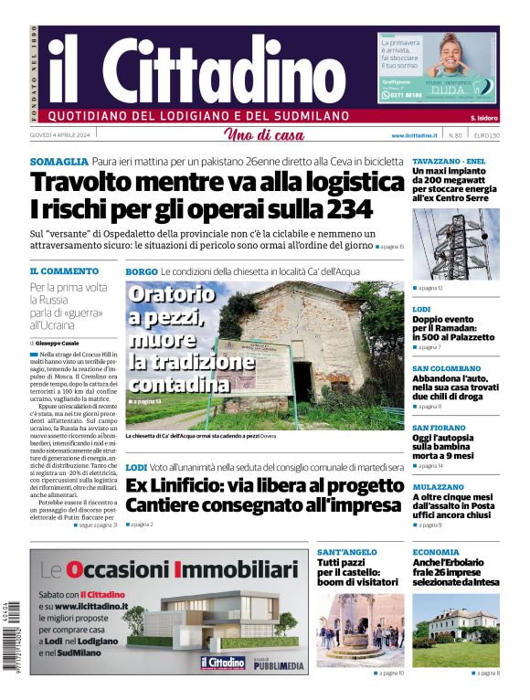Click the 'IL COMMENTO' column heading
[x=64, y=271]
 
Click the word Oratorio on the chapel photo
[x=171, y=295]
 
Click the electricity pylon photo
[x=455, y=244]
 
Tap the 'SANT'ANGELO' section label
[x=347, y=553]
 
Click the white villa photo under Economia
[x=455, y=631]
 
